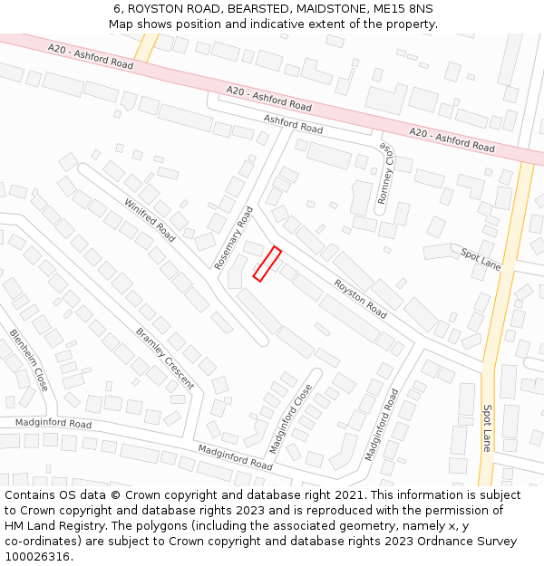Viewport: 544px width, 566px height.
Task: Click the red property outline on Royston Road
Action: click(267, 264)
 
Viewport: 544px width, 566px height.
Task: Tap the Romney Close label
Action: click(387, 173)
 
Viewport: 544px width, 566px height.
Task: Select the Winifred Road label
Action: click(150, 220)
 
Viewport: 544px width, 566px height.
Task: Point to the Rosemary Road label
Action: click(234, 237)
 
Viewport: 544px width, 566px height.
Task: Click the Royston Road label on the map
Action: click(360, 298)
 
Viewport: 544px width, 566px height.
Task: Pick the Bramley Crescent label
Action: click(165, 358)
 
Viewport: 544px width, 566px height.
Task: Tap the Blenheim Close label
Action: click(29, 360)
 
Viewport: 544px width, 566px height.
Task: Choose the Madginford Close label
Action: click(290, 418)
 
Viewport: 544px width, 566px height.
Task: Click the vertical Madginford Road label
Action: click(381, 425)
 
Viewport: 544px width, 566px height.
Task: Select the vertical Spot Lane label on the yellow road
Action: click(486, 427)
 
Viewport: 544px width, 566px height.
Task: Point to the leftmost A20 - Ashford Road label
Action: click(91, 58)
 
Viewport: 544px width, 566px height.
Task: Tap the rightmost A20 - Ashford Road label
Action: click(452, 139)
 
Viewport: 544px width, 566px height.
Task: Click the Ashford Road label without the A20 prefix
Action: click(293, 124)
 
